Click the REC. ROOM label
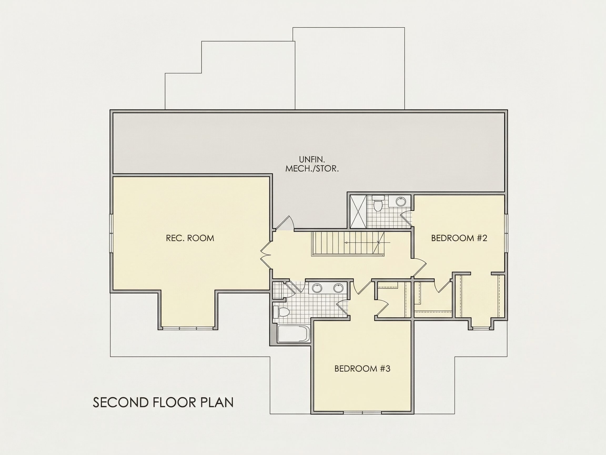190,238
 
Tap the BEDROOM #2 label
459,238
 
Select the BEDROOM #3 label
362,369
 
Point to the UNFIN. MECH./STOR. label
312,164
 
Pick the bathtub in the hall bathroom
294,334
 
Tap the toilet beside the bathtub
281,312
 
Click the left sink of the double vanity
317,288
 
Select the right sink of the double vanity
338,288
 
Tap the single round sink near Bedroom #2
401,201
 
